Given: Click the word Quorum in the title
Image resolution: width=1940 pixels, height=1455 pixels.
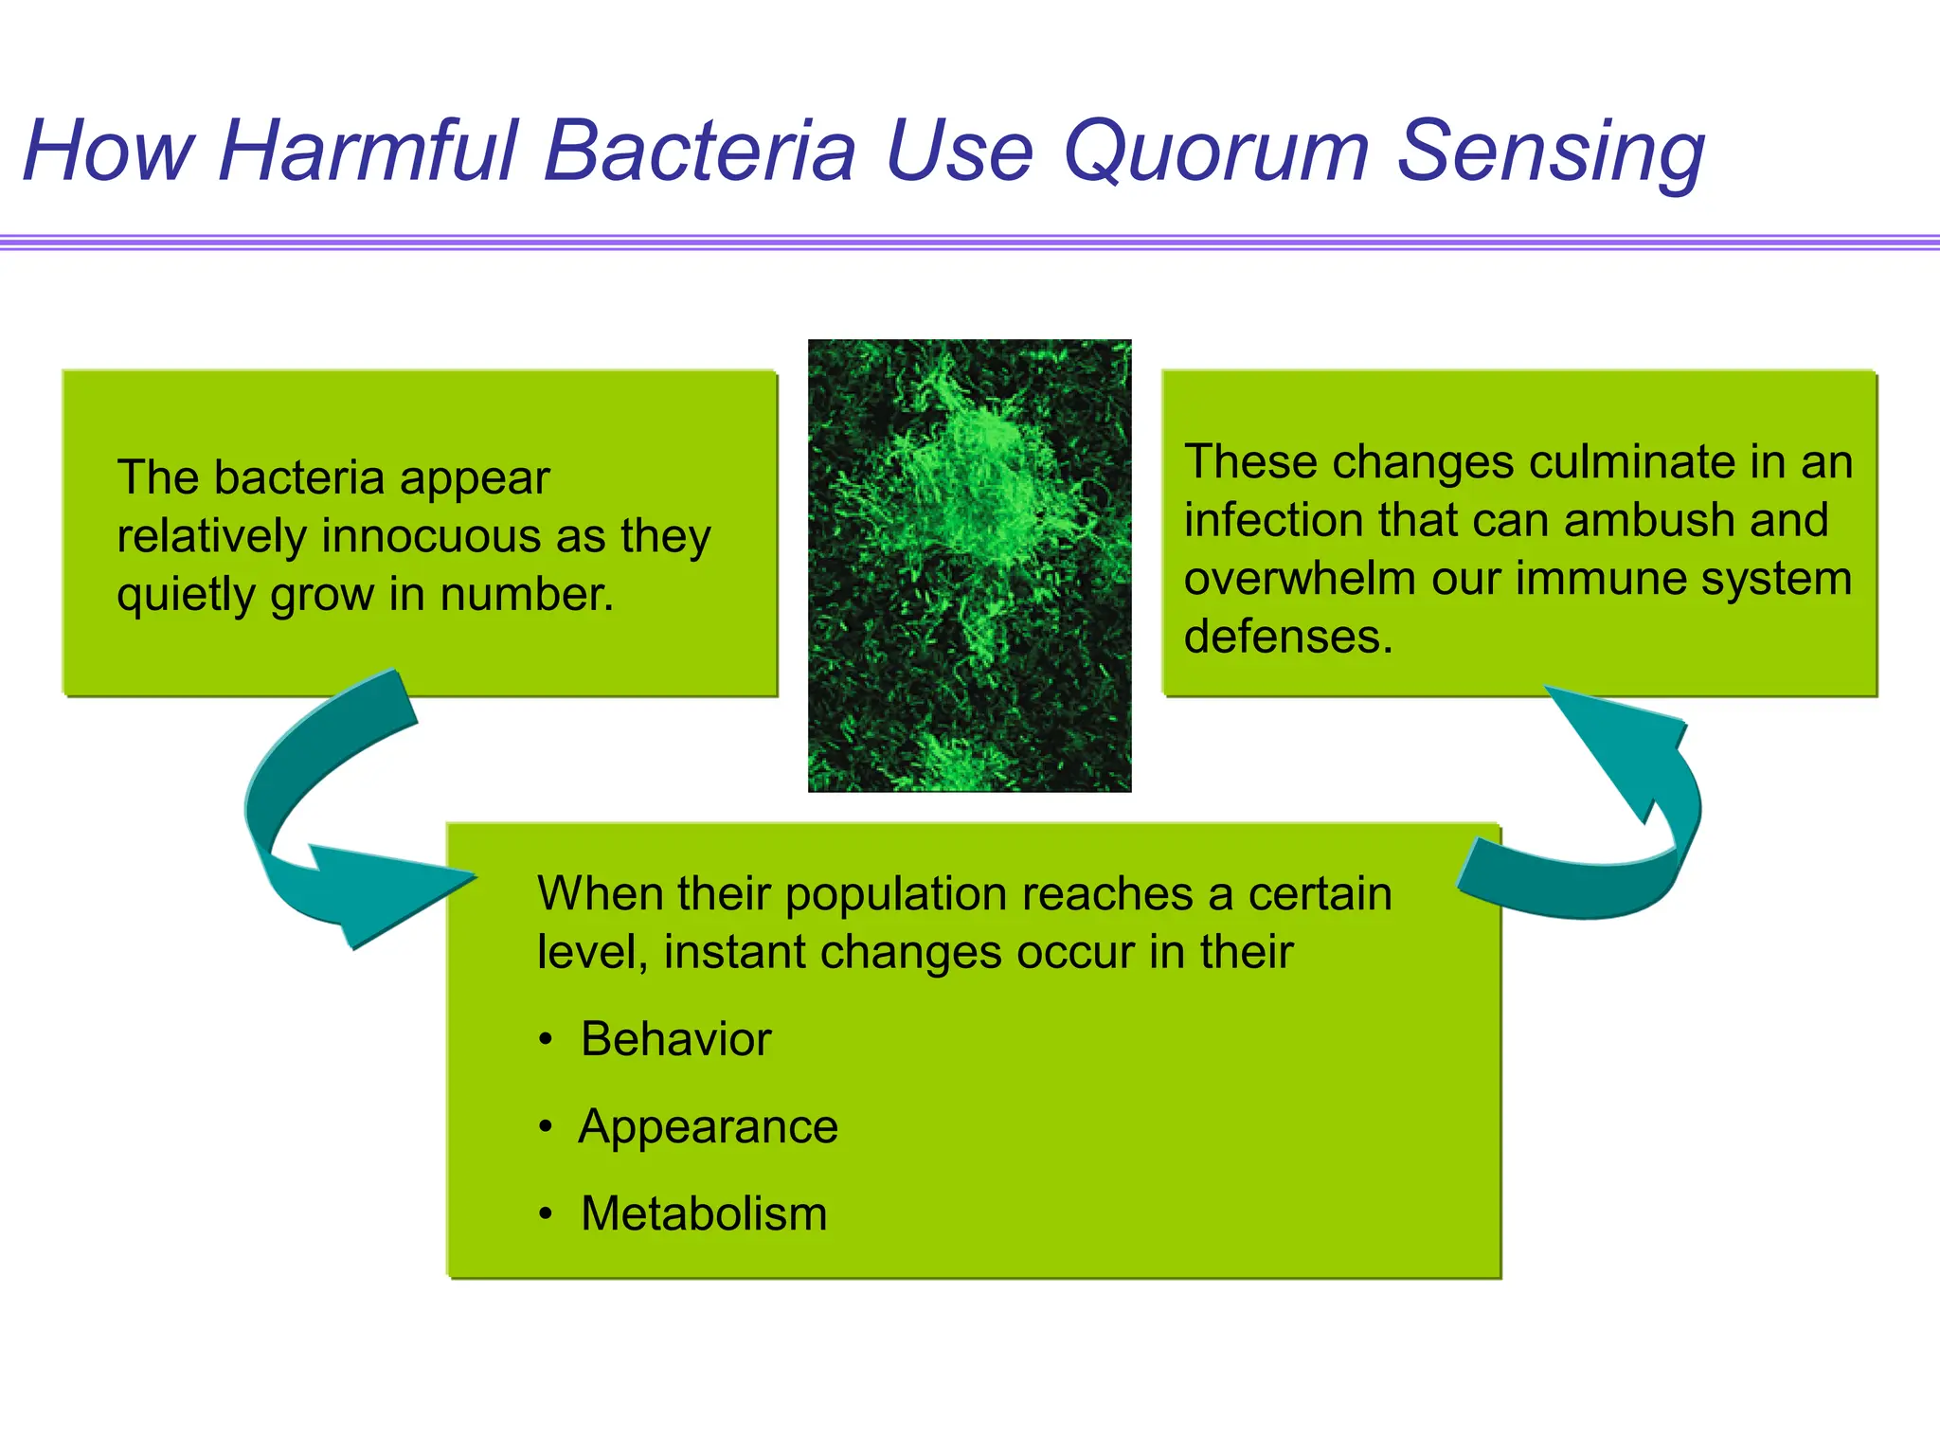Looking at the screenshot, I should pos(1216,152).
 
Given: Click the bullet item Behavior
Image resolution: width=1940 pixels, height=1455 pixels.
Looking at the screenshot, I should pos(675,1039).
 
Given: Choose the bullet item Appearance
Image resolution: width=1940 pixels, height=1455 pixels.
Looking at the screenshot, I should pos(708,1127).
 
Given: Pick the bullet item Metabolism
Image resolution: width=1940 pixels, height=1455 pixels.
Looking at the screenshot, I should pos(703,1214).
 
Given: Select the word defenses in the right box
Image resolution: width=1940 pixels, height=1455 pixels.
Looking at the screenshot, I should pos(1286,637).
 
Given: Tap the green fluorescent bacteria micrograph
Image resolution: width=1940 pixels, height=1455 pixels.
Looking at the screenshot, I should pos(969,566).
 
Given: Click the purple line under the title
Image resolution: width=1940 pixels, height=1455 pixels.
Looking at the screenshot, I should pos(970,242).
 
